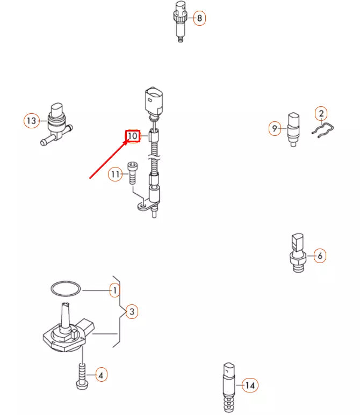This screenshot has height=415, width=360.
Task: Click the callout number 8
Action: pyautogui.click(x=199, y=18)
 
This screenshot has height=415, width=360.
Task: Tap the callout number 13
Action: pyautogui.click(x=31, y=121)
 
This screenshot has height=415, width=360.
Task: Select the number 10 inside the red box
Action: pyautogui.click(x=133, y=136)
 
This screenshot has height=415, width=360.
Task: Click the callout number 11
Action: pyautogui.click(x=114, y=174)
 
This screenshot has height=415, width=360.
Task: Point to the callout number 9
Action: pyautogui.click(x=275, y=128)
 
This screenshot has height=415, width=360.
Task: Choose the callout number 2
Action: pyautogui.click(x=321, y=113)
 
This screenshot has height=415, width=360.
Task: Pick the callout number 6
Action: pyautogui.click(x=319, y=256)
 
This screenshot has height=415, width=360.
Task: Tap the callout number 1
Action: pyautogui.click(x=114, y=290)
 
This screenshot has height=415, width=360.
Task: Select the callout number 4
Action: pyautogui.click(x=101, y=375)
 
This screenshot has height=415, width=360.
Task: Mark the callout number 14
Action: pyautogui.click(x=249, y=385)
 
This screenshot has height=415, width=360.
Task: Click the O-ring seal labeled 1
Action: pyautogui.click(x=66, y=289)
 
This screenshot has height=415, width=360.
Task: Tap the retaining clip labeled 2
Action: pyautogui.click(x=324, y=131)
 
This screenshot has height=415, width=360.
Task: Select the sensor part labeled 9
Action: pyautogui.click(x=294, y=128)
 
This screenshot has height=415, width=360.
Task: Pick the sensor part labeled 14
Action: pyautogui.click(x=228, y=385)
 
